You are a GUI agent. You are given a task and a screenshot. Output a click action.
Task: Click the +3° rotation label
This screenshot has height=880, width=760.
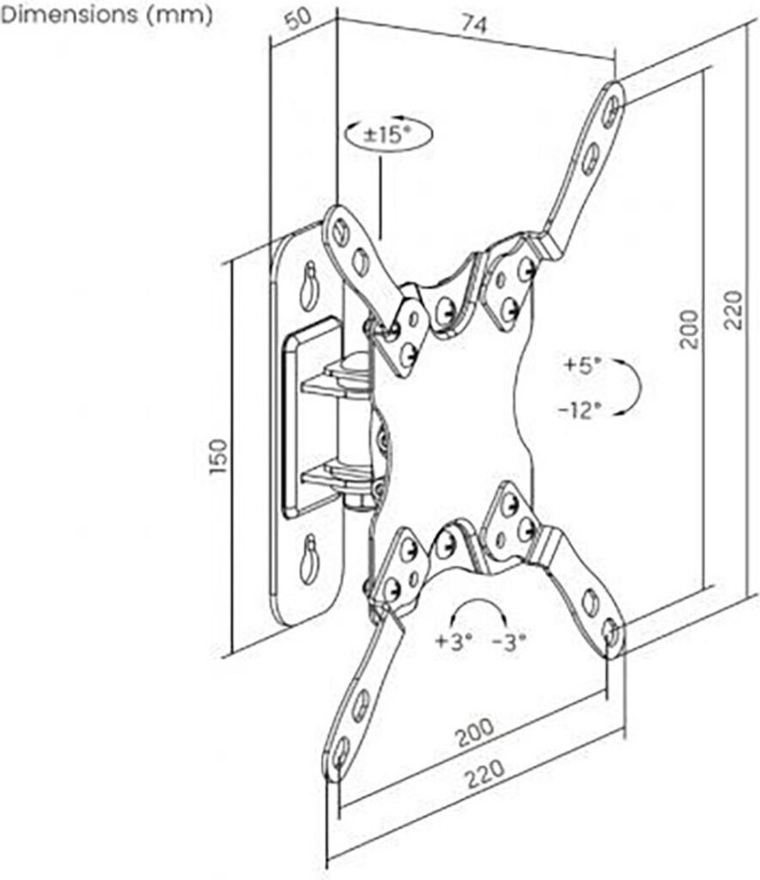coord(453,641)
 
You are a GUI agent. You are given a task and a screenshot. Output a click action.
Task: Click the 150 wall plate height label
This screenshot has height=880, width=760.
coord(219,457)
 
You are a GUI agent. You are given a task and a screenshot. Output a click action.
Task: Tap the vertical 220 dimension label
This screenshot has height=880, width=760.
coord(732,309)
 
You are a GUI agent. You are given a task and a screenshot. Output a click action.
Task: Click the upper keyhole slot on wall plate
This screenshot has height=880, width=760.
coord(308,288)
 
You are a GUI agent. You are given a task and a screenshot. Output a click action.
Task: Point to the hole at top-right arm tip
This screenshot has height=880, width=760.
coord(610,108)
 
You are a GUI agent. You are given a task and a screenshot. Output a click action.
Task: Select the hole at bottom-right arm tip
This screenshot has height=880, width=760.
coord(611,632)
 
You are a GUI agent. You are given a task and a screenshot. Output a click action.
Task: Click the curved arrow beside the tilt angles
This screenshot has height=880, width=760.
coord(632,388)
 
